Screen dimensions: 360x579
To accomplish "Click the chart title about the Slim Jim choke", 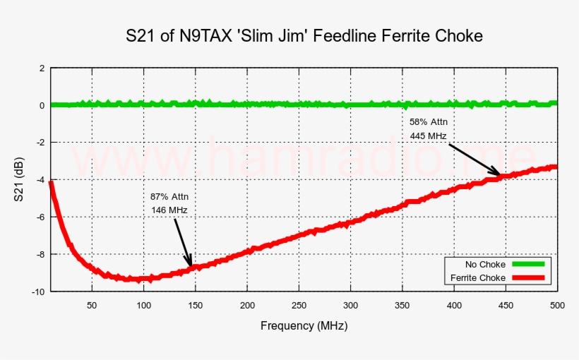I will (304, 36).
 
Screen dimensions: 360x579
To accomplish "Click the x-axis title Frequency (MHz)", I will (304, 326).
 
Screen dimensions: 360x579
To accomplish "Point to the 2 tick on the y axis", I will (42, 68).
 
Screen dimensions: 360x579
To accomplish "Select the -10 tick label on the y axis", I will (38, 291).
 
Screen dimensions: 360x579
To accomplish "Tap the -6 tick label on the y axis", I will (40, 217).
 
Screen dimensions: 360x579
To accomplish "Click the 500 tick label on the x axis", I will (556, 305).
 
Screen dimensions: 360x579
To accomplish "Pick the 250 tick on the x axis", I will (299, 305).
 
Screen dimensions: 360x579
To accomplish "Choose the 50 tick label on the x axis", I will (92, 305).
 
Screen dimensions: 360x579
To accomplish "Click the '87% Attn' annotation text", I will (169, 196).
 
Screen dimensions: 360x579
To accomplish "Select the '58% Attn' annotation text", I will (429, 122).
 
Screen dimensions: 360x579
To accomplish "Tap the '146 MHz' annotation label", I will (169, 210).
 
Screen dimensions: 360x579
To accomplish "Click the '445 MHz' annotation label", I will (429, 136).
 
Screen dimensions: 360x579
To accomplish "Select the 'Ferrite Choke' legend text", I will (478, 278).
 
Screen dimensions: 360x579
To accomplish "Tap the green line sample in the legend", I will (528, 264).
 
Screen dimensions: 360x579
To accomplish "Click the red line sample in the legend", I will (528, 278).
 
